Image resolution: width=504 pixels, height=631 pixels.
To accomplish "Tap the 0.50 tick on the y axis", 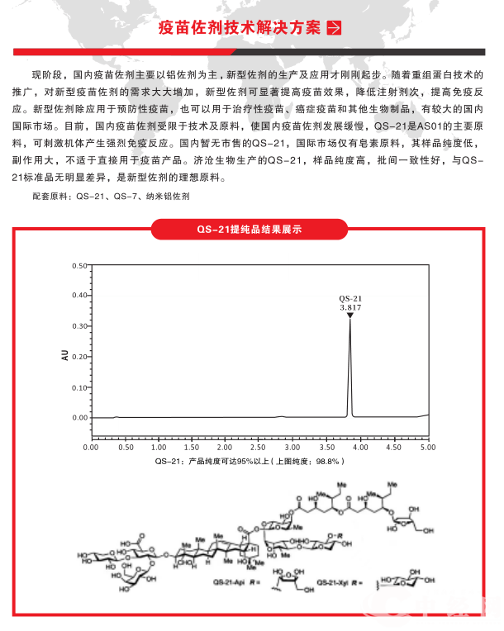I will (79, 266).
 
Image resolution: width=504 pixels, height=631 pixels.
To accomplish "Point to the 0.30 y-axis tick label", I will (79, 326).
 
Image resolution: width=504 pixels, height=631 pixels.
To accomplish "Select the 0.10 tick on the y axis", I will (79, 387).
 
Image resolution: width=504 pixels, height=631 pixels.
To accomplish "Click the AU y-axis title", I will (64, 356).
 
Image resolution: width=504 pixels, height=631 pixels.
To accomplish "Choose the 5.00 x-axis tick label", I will (426, 447).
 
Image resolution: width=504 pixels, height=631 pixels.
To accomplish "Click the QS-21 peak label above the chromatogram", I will (350, 297).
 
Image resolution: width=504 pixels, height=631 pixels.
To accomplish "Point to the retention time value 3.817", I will (350, 306).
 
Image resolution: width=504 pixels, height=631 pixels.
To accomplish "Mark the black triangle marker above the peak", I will (350, 315).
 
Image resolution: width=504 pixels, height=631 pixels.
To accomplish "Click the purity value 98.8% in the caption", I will (326, 460).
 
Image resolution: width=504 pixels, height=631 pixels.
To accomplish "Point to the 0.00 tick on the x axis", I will (91, 447).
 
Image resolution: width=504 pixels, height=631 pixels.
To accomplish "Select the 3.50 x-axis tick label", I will (326, 447).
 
